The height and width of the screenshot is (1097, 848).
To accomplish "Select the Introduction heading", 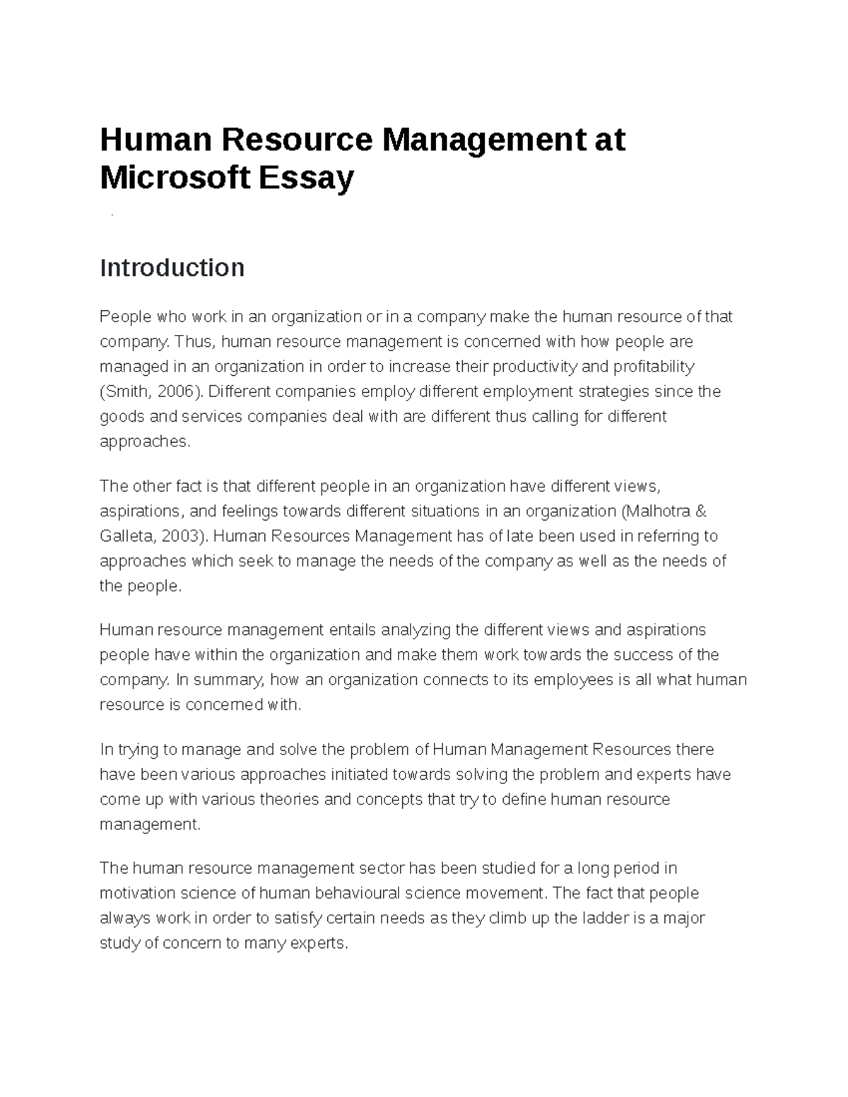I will click(x=172, y=268).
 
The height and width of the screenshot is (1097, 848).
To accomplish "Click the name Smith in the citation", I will click(x=125, y=391).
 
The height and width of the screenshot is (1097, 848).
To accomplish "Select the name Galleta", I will click(x=126, y=536).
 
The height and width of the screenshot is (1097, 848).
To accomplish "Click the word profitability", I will click(x=654, y=367).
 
